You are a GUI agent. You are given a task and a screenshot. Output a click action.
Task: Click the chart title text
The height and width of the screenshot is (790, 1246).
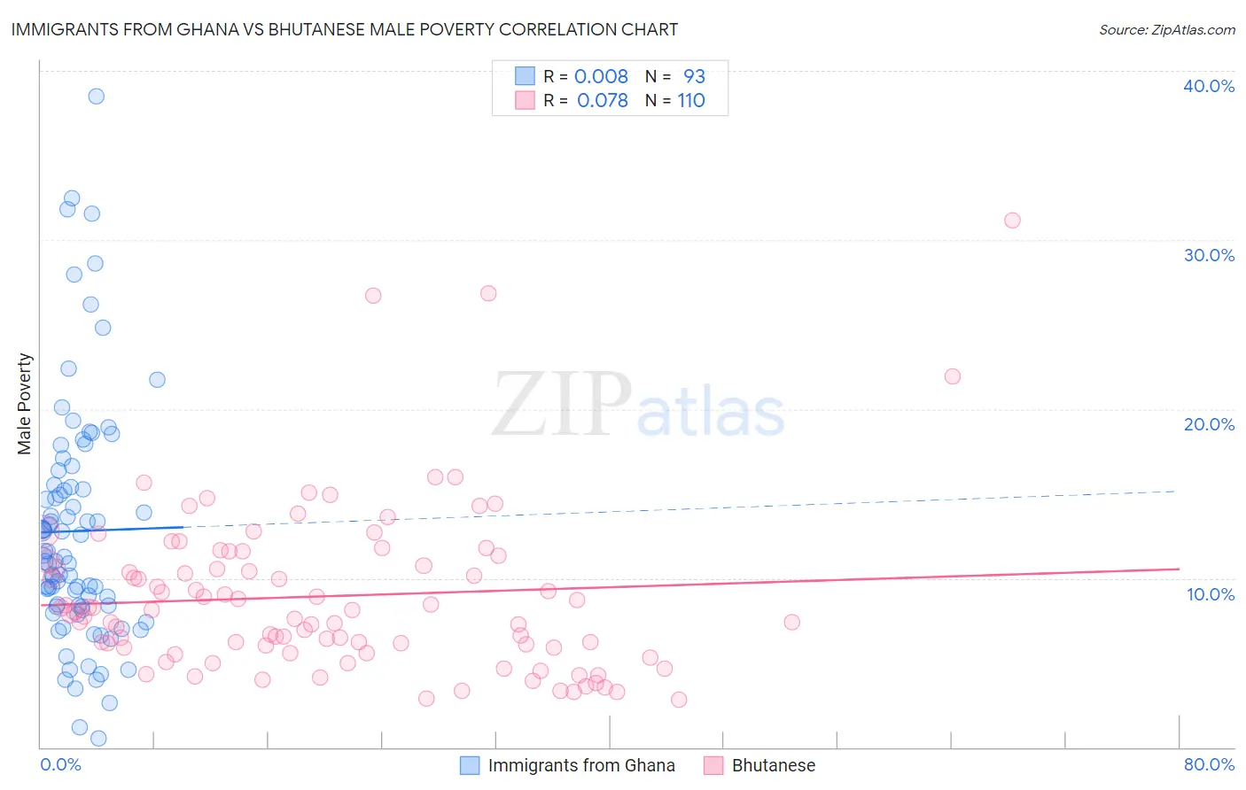[x=344, y=29]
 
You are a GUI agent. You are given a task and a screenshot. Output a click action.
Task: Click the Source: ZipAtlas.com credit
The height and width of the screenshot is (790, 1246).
[x=1166, y=30]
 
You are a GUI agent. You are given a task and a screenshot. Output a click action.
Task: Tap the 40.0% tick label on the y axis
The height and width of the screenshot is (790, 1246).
[x=1209, y=86]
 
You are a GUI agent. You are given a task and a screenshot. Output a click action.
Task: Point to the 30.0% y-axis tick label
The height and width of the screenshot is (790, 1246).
[x=1209, y=255]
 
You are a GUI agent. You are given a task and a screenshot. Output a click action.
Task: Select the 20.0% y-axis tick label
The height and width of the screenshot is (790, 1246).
[x=1209, y=424]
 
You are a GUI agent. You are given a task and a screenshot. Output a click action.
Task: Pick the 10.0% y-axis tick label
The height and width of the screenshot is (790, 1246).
[x=1209, y=594]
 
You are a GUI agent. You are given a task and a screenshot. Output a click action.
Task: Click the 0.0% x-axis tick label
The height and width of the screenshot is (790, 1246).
[x=60, y=764]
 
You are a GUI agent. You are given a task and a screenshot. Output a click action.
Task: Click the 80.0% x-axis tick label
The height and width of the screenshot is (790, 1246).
[x=1209, y=764]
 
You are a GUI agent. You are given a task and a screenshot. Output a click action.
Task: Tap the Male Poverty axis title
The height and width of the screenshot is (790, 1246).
[x=25, y=404]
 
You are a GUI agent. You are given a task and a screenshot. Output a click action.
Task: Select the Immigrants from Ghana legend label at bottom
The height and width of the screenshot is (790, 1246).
[x=581, y=765]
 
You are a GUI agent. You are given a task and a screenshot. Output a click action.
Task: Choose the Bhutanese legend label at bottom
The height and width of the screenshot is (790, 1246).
[x=773, y=765]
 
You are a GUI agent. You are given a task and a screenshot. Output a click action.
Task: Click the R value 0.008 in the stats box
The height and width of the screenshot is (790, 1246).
[x=601, y=77]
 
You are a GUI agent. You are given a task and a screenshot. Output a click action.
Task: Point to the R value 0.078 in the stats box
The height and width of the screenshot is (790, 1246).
[x=602, y=101]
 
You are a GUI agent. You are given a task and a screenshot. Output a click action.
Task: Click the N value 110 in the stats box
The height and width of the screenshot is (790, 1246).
[x=691, y=101]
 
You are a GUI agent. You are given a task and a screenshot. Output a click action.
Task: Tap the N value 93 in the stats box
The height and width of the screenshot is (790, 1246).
[x=694, y=77]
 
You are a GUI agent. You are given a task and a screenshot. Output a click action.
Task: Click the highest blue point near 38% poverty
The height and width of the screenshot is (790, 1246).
[x=96, y=97]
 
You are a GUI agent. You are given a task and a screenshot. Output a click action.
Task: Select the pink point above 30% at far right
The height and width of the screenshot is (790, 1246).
[x=1012, y=221]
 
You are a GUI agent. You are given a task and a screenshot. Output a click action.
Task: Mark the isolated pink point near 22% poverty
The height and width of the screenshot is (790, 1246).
[x=953, y=376]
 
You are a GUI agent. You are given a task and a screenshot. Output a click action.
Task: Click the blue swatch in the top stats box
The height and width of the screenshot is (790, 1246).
[x=525, y=76]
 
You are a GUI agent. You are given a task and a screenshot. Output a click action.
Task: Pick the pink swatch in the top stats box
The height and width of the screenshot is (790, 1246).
[x=525, y=100]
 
